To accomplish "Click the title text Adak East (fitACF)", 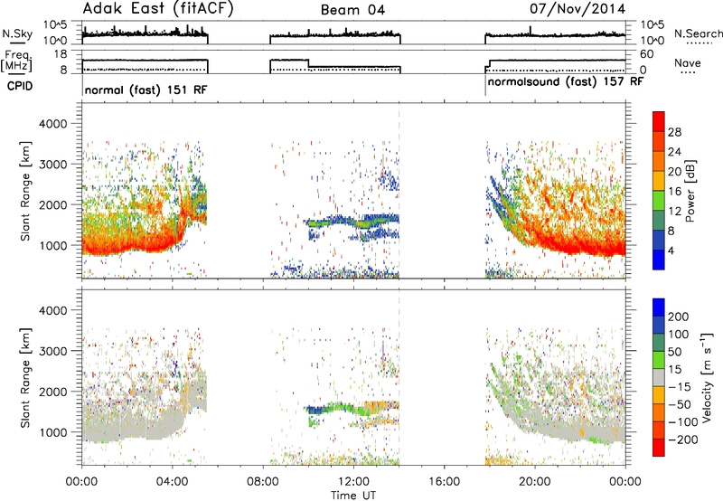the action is (158, 8).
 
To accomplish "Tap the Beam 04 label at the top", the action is (352, 10).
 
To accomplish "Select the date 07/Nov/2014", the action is (577, 9).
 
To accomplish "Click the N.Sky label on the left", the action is (17, 33).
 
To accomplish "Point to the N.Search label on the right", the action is (698, 33).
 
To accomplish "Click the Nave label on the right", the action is (688, 62).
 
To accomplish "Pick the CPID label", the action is (20, 86).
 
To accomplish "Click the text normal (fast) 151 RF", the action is (146, 90).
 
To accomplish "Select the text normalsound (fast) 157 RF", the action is (566, 82).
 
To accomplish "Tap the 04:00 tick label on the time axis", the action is (173, 482).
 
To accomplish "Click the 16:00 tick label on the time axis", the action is (444, 482).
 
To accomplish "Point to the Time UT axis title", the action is (353, 496).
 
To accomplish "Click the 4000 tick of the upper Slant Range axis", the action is (53, 124).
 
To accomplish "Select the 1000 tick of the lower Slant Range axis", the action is (53, 432).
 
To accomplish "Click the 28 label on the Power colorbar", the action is (674, 132).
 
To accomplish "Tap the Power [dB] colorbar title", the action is (690, 191).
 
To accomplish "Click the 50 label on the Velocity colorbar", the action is (674, 352).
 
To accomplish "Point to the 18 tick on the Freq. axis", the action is (61, 54).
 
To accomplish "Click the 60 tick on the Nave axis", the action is (646, 54).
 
